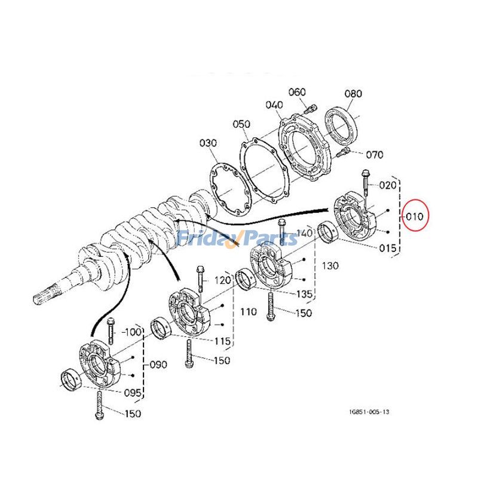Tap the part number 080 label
tap(353, 94)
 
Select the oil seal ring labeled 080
tap(342, 126)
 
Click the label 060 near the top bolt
tap(297, 92)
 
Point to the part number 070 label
tap(374, 155)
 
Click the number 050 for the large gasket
tap(241, 124)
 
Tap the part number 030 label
tap(208, 143)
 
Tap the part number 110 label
tap(248, 311)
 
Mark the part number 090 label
tap(158, 364)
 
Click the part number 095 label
tap(133, 393)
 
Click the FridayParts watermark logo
tap(238, 238)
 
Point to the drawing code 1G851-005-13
tap(370, 412)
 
